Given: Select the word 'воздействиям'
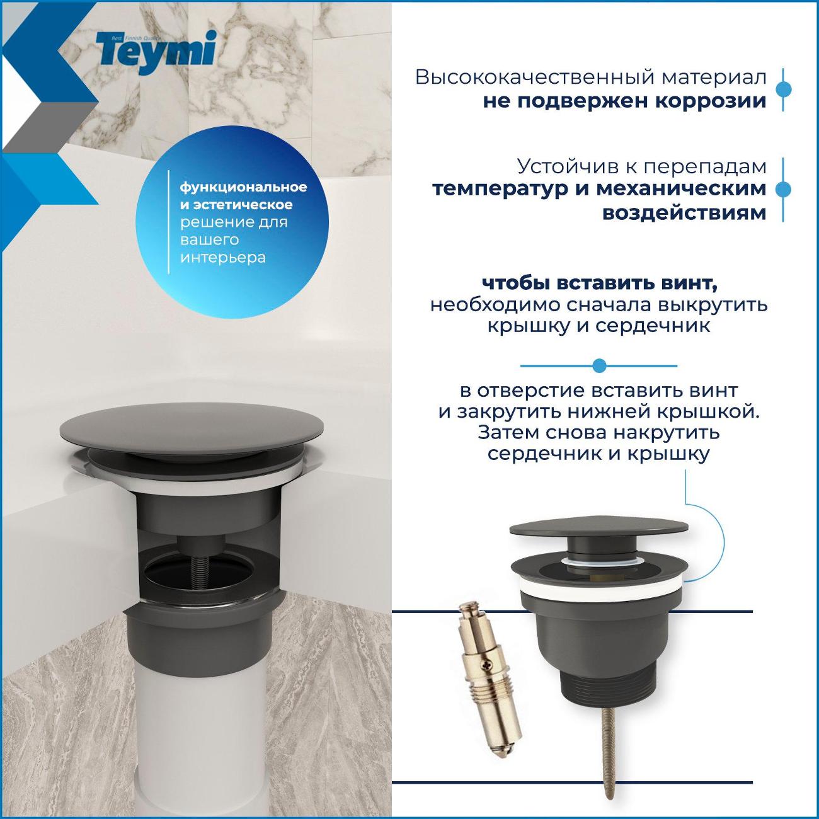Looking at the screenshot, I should pyautogui.click(x=684, y=213).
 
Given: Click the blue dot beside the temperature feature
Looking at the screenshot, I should pyautogui.click(x=782, y=190).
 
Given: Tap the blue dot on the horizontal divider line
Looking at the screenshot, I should pyautogui.click(x=599, y=365).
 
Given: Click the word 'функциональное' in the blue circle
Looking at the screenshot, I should pyautogui.click(x=243, y=188).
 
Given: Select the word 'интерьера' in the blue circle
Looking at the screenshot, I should pyautogui.click(x=222, y=258).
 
